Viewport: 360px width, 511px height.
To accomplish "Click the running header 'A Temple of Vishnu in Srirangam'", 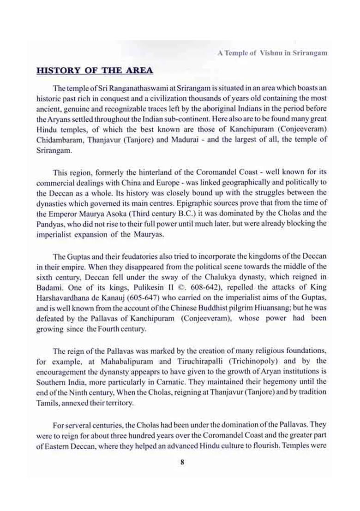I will [272, 53].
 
